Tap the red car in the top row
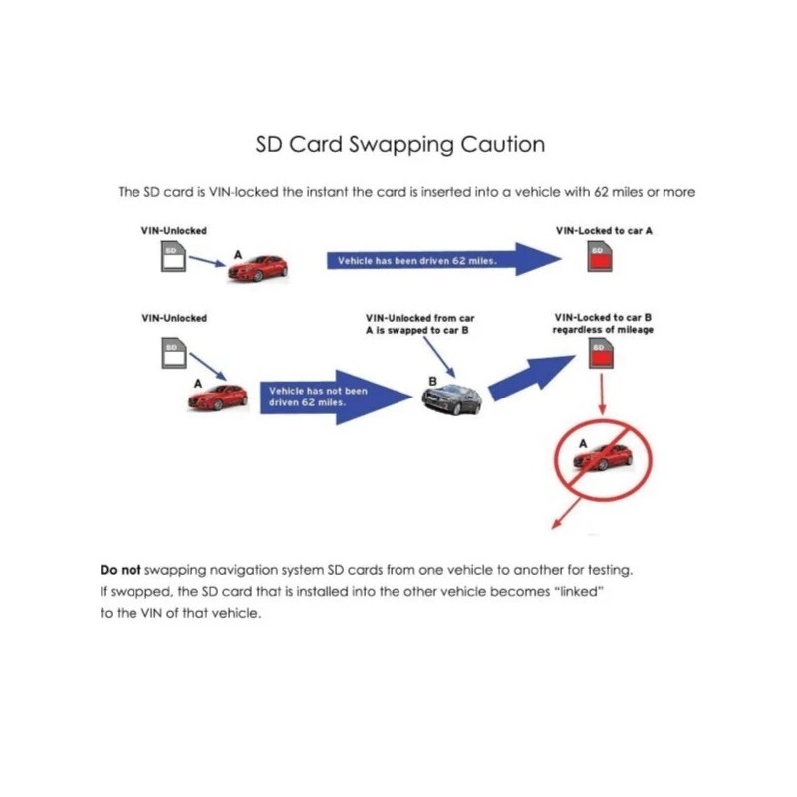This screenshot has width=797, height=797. tap(257, 267)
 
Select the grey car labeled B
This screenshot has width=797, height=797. tap(450, 400)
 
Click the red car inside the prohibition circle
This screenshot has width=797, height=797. tap(603, 458)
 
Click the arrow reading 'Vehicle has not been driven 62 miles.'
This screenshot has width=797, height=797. tap(334, 398)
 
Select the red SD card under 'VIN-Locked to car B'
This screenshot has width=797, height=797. tap(599, 356)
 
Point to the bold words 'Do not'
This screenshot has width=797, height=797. tap(121, 571)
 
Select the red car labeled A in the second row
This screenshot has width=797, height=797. tap(217, 397)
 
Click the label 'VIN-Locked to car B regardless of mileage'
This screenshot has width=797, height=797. tap(604, 324)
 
